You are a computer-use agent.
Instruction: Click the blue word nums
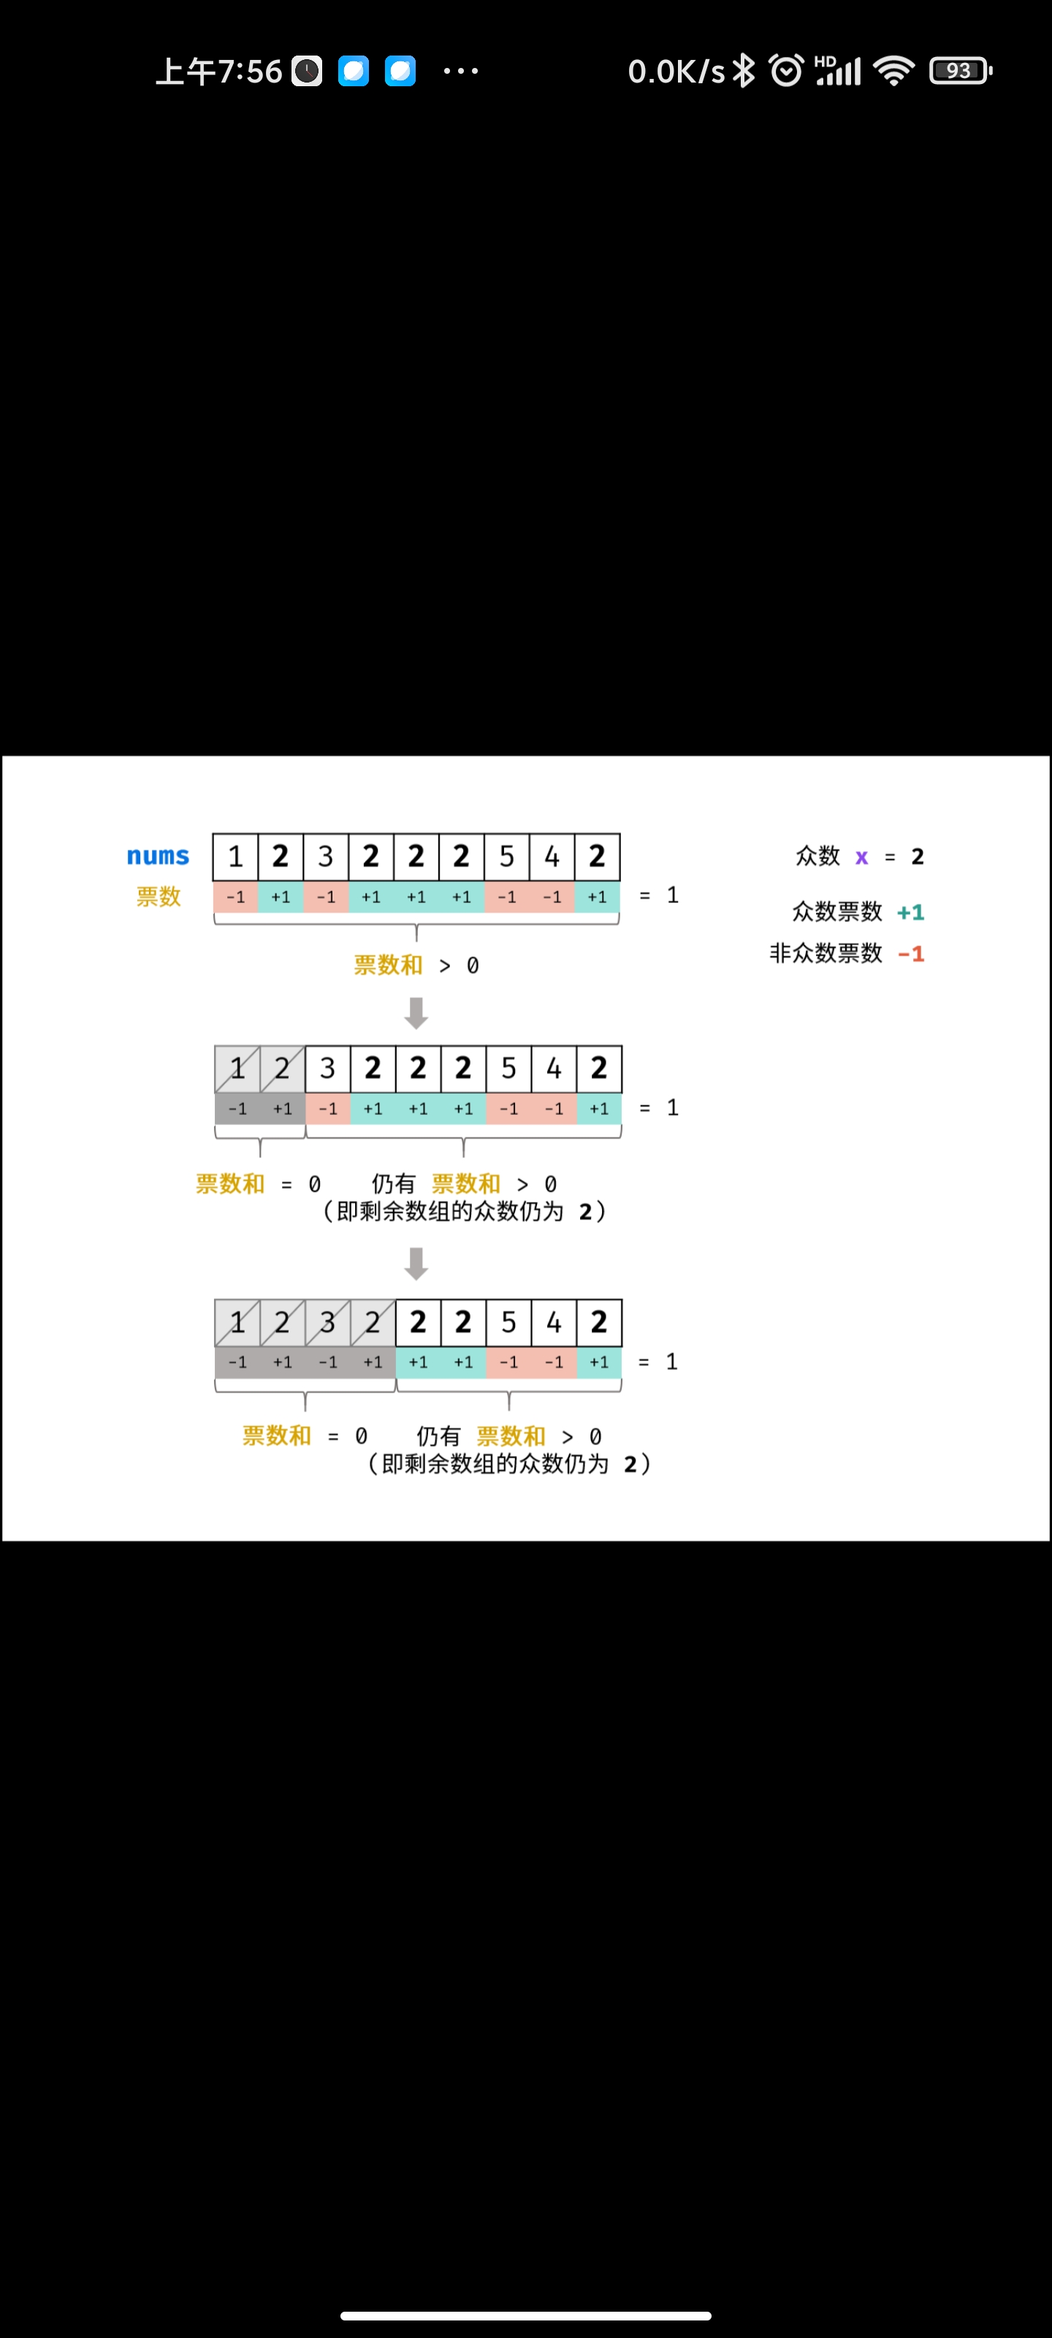point(158,856)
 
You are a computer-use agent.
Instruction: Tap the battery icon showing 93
point(961,71)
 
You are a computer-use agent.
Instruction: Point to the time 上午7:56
point(218,71)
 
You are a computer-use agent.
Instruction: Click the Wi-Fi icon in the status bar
point(894,71)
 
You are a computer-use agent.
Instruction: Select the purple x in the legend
point(861,857)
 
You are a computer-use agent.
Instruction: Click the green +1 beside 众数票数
point(910,912)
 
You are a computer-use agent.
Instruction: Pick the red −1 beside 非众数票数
point(910,954)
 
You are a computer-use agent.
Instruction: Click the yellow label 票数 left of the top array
point(159,896)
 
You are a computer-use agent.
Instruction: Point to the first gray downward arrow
point(416,1013)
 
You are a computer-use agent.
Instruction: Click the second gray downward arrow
point(416,1263)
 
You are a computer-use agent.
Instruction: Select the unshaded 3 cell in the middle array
point(328,1068)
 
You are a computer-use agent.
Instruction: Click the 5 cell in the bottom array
point(508,1322)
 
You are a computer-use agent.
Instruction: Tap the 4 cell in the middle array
point(554,1068)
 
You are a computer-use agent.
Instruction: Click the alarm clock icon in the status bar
point(786,71)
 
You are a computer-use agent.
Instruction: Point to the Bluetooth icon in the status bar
point(744,71)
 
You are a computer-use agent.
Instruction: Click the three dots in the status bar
point(460,71)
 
